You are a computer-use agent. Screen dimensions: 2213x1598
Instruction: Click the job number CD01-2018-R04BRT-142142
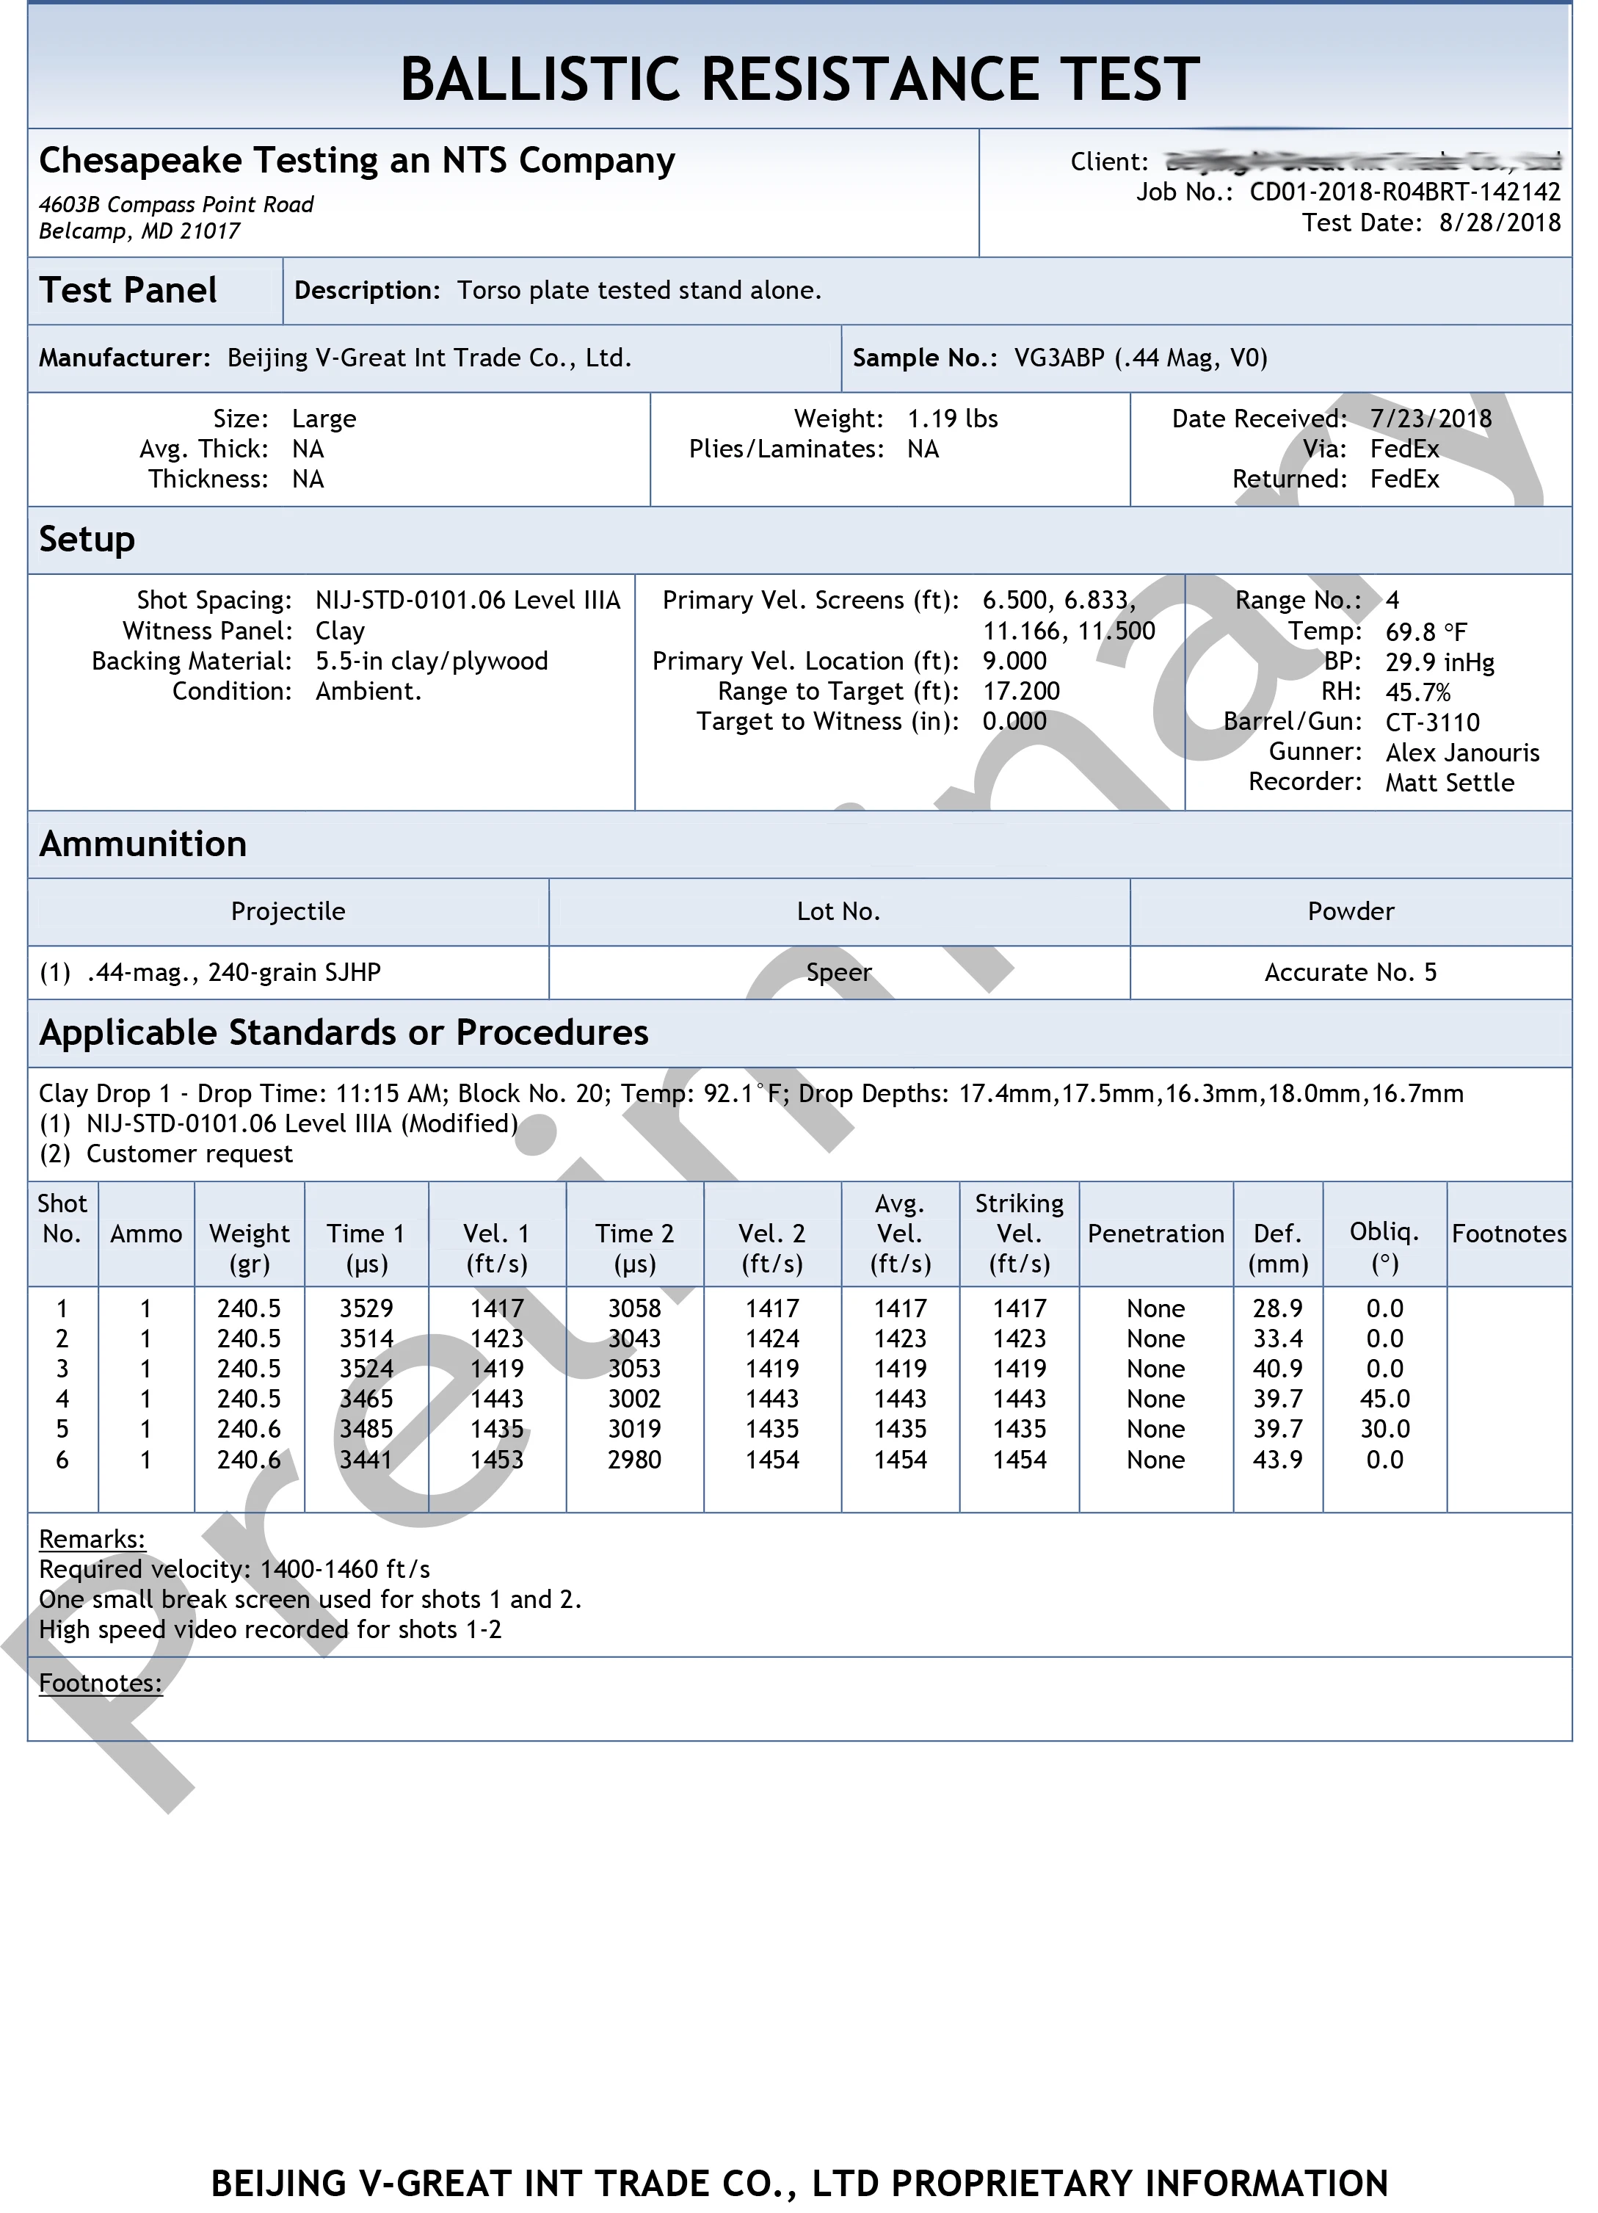[1404, 192]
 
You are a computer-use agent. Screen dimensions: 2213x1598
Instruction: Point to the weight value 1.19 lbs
[952, 419]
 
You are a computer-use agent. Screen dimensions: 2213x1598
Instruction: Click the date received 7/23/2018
[1430, 419]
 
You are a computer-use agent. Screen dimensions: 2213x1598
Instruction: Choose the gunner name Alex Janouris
[1461, 753]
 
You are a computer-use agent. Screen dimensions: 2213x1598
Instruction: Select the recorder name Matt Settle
[1449, 783]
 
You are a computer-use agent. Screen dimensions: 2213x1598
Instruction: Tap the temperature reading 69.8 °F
[1426, 631]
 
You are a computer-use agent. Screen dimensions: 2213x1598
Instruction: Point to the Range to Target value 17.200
[1020, 692]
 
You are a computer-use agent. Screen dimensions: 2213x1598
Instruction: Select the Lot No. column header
[838, 911]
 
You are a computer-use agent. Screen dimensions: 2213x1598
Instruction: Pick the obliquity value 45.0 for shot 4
[1384, 1399]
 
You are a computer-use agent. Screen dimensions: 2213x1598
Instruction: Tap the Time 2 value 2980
[634, 1460]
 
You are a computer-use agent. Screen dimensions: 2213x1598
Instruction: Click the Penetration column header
[1155, 1234]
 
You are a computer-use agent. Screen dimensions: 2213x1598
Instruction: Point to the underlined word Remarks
[92, 1539]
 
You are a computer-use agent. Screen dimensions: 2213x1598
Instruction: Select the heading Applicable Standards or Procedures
[344, 1032]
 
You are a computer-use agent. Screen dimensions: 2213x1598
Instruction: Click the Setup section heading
[87, 540]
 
